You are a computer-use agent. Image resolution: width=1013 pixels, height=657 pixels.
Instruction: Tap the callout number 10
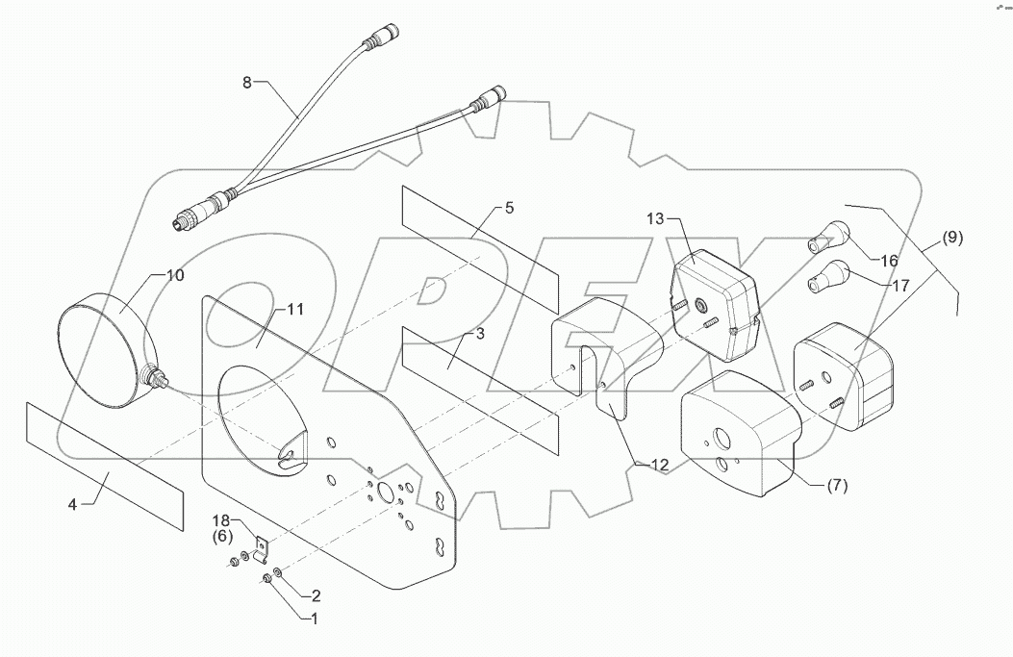pos(174,276)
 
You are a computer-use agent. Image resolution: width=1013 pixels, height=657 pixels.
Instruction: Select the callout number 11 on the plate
pos(294,309)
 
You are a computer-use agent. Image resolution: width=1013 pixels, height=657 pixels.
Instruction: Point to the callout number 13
pos(655,220)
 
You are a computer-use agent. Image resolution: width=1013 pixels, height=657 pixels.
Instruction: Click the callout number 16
pos(888,260)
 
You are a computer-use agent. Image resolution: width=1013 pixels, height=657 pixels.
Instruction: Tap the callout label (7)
pos(836,486)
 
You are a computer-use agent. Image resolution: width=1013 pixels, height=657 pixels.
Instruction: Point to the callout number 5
pos(509,208)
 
